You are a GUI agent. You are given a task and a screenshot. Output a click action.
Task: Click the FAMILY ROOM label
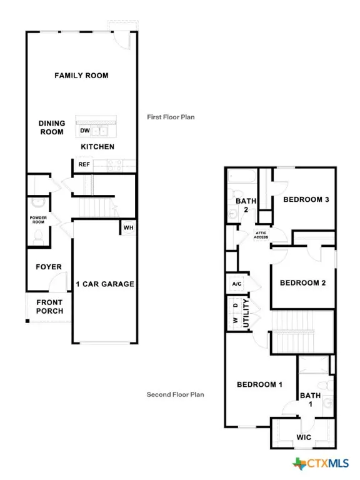pos(81,76)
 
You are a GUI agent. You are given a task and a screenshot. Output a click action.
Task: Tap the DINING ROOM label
pos(52,127)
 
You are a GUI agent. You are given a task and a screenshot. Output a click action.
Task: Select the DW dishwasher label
pos(84,131)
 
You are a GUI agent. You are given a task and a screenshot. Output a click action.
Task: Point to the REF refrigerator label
pos(84,164)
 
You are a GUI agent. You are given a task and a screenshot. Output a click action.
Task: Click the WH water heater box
pos(128,227)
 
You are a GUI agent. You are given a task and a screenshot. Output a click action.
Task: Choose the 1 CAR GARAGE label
pos(105,284)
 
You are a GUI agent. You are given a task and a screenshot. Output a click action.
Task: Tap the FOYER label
pos(48,267)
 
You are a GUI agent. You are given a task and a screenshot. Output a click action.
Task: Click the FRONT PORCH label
pos(49,306)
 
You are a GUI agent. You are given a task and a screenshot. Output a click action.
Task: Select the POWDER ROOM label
pos(39,219)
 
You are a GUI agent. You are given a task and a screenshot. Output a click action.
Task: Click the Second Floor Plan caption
pos(176,394)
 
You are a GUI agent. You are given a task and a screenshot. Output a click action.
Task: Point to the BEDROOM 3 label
pos(306,199)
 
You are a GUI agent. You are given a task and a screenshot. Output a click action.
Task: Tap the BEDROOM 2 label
pos(302,282)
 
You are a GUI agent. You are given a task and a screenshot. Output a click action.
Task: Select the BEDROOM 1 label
pos(259,384)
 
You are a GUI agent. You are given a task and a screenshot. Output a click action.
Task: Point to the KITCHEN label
pos(97,147)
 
